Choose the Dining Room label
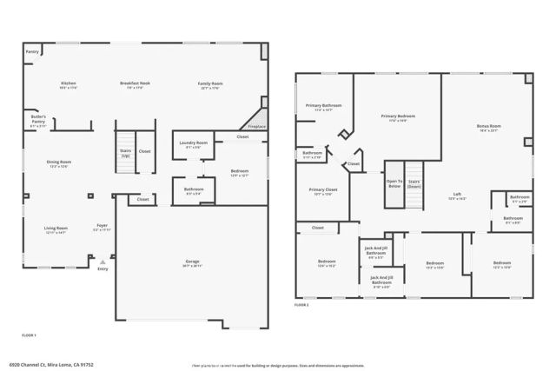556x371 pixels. click(x=59, y=163)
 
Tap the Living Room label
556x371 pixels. click(x=56, y=229)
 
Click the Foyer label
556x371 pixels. click(x=102, y=228)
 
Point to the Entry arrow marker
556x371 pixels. click(x=103, y=259)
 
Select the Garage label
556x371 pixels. click(x=192, y=263)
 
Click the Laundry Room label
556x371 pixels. click(x=193, y=144)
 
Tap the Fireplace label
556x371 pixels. click(x=256, y=126)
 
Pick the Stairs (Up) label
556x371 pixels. click(x=125, y=153)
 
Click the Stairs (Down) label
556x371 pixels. click(x=414, y=184)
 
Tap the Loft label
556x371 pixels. click(x=457, y=195)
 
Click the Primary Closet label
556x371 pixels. click(x=323, y=191)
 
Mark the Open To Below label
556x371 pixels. click(x=394, y=184)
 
